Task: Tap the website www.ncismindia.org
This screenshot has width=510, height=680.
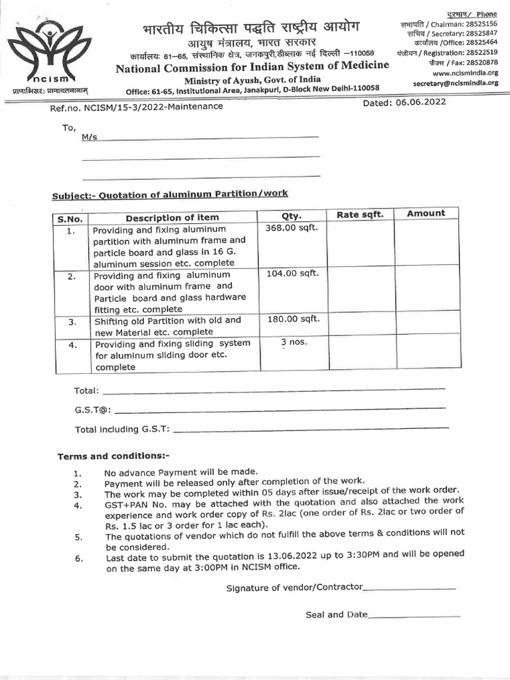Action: pos(465,73)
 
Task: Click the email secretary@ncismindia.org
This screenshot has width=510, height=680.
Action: pos(455,84)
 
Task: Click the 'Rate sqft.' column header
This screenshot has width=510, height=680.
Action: pos(360,214)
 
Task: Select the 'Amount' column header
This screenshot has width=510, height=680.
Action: pos(426,213)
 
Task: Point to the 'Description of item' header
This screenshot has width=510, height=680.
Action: pos(172,218)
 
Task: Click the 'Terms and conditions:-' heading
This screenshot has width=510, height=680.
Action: pos(114,457)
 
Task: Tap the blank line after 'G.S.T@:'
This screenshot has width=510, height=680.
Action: pos(279,409)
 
